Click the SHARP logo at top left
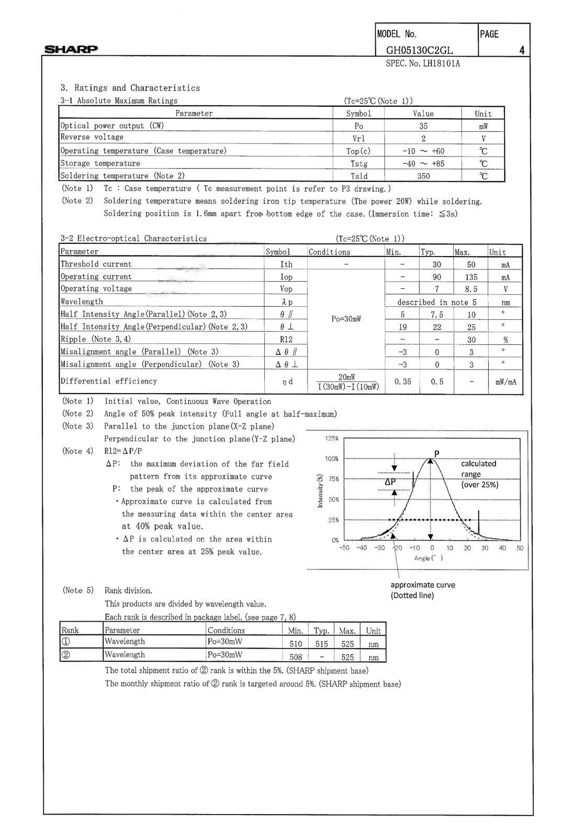pyautogui.click(x=71, y=50)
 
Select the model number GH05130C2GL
pyautogui.click(x=419, y=50)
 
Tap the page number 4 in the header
pyautogui.click(x=522, y=50)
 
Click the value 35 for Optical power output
pyautogui.click(x=423, y=126)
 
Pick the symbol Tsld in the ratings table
pyautogui.click(x=358, y=176)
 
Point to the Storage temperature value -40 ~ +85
pyautogui.click(x=423, y=164)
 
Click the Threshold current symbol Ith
pyautogui.click(x=286, y=265)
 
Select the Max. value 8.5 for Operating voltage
pyautogui.click(x=471, y=289)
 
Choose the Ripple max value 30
pyautogui.click(x=471, y=340)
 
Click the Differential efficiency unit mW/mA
pyautogui.click(x=505, y=382)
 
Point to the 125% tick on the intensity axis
pyautogui.click(x=332, y=439)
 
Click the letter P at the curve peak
pyautogui.click(x=437, y=453)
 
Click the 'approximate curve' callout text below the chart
pyautogui.click(x=422, y=585)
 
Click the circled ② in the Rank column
pyautogui.click(x=66, y=655)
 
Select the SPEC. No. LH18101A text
pyautogui.click(x=422, y=64)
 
